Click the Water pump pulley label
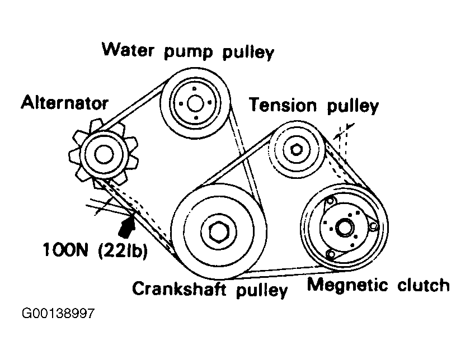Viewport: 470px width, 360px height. (188, 51)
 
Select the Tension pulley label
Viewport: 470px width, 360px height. (314, 105)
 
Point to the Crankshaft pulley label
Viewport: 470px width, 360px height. (209, 289)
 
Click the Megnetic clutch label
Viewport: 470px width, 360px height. (378, 285)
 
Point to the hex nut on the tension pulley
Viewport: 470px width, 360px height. (297, 149)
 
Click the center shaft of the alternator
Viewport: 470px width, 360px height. (103, 154)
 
